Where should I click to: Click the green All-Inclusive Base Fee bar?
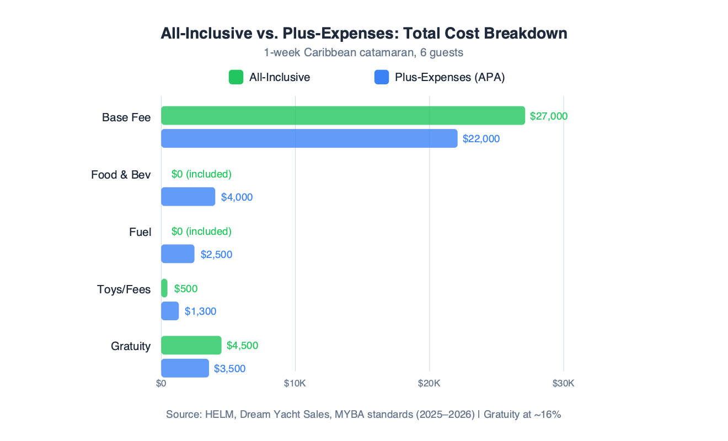[342, 116]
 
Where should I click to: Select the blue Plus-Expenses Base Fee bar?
[309, 138]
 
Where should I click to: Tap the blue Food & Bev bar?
[188, 197]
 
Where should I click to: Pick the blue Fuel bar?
[178, 254]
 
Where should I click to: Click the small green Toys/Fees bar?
[164, 288]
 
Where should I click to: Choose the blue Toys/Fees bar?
[170, 311]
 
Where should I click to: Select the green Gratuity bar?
[191, 346]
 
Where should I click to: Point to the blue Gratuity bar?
[185, 368]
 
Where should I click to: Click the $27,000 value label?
[548, 116]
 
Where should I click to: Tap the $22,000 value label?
[481, 139]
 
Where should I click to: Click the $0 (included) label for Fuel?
[201, 232]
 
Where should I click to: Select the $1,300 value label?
[200, 311]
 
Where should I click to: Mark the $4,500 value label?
[242, 346]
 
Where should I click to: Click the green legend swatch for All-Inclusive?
[236, 77]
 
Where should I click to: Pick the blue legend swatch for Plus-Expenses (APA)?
[381, 77]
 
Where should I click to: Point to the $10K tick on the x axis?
[295, 384]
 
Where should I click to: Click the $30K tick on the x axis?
[563, 384]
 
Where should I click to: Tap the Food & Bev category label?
[121, 175]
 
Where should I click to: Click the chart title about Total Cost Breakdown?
[363, 33]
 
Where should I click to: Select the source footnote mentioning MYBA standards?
[363, 415]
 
